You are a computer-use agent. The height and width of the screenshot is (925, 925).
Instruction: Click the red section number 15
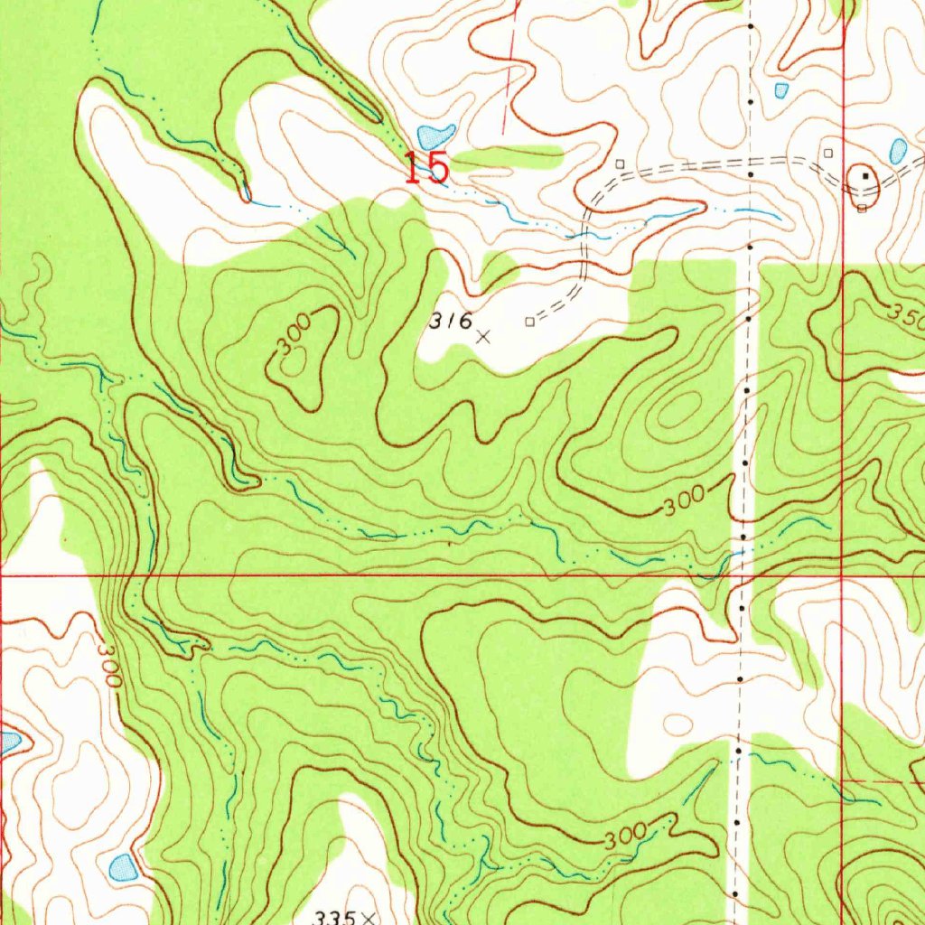[x=425, y=168]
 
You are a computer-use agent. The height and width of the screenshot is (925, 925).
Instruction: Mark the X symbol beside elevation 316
[x=483, y=337]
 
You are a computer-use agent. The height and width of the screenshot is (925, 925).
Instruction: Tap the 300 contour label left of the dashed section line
[x=683, y=503]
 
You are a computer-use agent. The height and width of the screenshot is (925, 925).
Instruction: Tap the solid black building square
[x=864, y=175]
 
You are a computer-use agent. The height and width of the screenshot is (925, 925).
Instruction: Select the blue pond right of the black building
[x=898, y=151]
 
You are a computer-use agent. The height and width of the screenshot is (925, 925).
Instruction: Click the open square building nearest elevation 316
[x=529, y=321]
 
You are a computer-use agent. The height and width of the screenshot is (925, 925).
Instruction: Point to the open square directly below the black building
[x=863, y=209]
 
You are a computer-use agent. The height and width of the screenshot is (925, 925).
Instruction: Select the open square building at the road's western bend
[x=620, y=164]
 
